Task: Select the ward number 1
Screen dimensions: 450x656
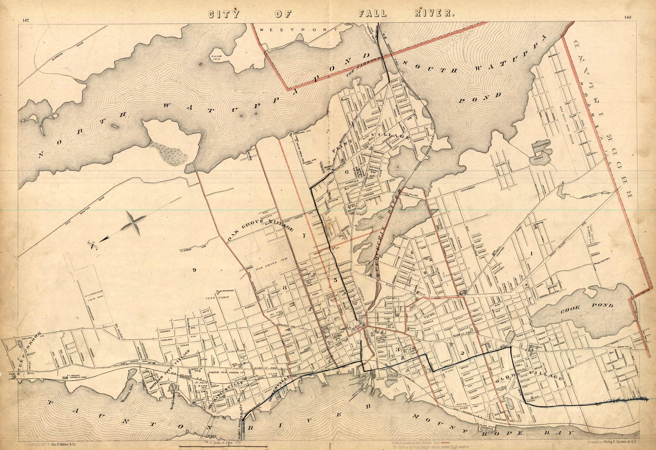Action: click(532, 253)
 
